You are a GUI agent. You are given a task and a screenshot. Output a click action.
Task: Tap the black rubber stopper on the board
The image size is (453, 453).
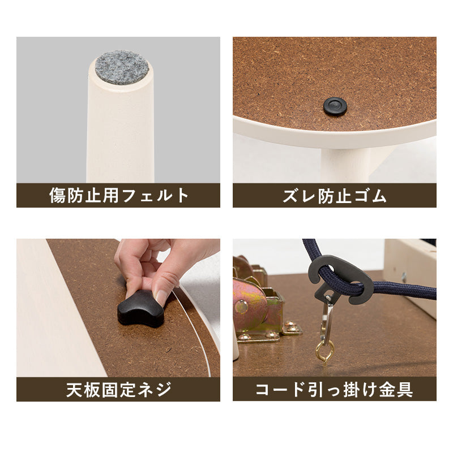335,106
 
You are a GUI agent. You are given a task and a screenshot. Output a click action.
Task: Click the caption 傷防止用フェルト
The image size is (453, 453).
118,196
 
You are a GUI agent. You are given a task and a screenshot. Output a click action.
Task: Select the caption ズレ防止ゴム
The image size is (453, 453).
335,196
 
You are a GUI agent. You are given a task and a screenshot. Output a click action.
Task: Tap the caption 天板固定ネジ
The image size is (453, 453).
118,390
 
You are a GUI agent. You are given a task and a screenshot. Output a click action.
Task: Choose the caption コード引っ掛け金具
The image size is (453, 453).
335,390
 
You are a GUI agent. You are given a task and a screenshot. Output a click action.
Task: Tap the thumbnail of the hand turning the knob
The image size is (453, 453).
118,308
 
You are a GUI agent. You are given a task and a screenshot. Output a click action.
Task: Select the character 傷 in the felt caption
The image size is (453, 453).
58,196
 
